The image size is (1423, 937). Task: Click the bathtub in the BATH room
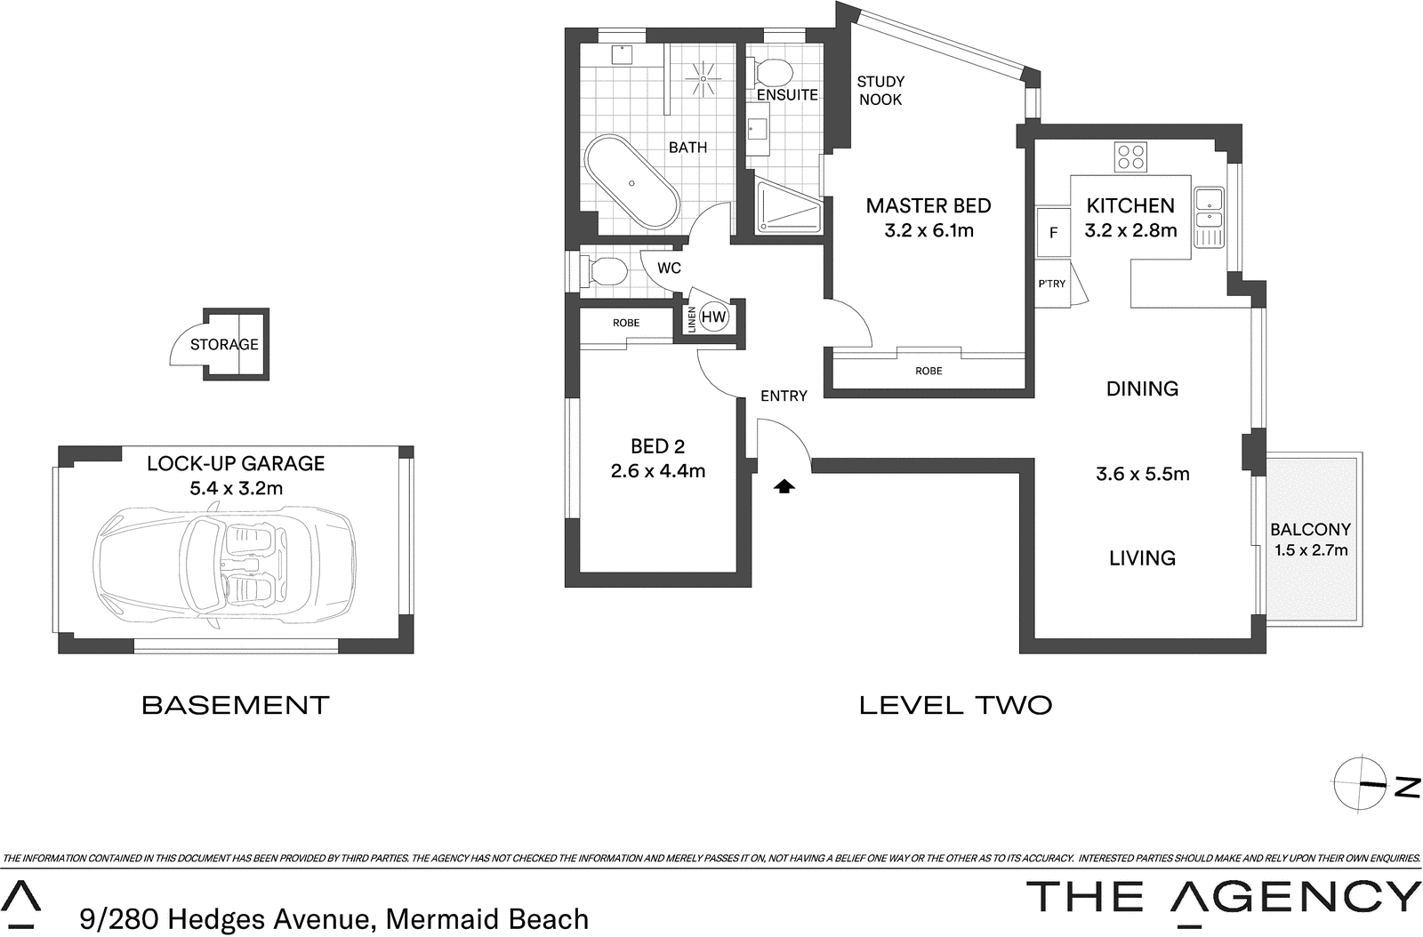631,183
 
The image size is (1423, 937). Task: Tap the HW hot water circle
714,316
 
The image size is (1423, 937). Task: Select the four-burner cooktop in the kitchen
1131,157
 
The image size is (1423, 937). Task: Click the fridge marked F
1054,233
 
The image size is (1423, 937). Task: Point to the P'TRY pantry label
1051,284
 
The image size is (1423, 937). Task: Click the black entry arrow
784,486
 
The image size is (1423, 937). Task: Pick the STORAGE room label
224,344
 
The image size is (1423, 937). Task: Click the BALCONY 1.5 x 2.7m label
1311,540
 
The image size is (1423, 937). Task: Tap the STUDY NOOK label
880,91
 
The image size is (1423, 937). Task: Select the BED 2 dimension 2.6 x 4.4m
658,471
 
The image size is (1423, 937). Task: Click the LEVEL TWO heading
956,705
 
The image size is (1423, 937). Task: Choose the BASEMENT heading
236,705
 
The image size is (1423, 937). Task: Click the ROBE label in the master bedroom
929,371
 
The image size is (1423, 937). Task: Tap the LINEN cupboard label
691,320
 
